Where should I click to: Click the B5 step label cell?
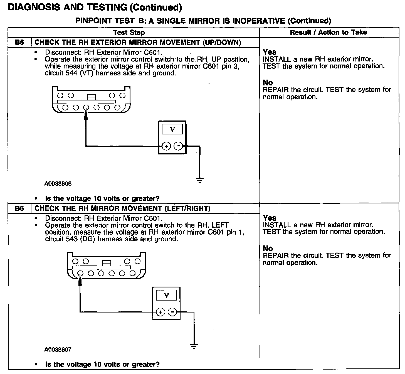point(19,43)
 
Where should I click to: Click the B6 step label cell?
point(19,208)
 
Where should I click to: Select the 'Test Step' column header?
point(129,33)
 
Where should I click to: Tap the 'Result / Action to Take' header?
point(328,32)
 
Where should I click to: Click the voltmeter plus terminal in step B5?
point(166,146)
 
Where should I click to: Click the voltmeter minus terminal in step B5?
point(178,146)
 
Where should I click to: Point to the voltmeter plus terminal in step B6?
point(160,312)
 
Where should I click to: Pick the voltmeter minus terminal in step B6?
point(172,312)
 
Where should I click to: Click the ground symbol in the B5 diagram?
point(199,180)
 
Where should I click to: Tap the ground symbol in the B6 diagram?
point(194,346)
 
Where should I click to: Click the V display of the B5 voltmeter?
point(172,129)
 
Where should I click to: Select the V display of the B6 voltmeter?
point(166,295)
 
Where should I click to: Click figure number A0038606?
point(58,184)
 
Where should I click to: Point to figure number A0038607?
point(58,350)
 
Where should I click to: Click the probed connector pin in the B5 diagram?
point(86,107)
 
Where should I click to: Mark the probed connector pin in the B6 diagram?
point(80,273)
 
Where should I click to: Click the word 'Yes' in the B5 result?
point(270,52)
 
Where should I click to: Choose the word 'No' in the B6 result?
point(268,248)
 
